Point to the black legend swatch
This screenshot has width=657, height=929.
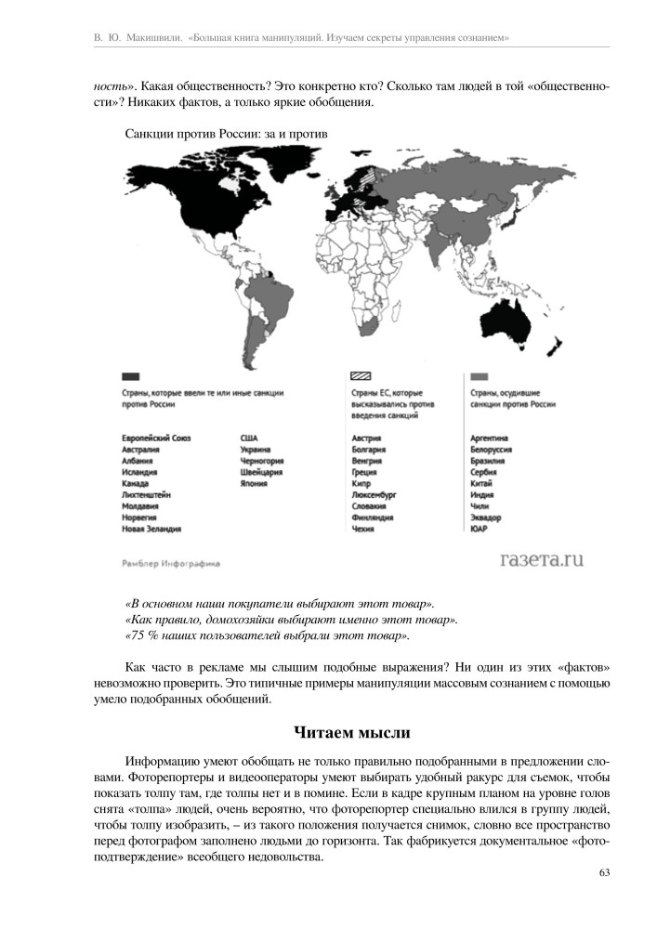tap(130, 376)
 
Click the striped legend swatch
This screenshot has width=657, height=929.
tap(361, 376)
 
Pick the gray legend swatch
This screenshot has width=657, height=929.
tap(480, 376)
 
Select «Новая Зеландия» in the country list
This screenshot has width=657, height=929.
tap(151, 529)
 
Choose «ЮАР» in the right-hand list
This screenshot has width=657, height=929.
tap(480, 529)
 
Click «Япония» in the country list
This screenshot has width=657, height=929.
tap(254, 483)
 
